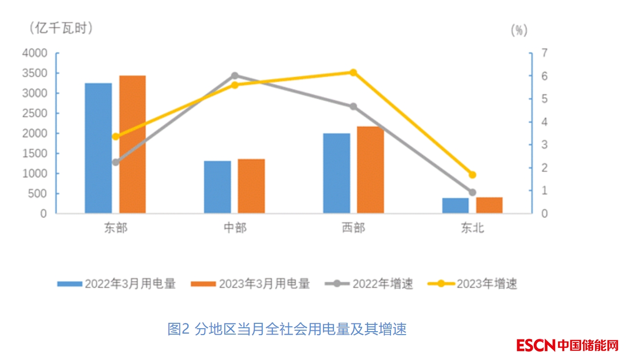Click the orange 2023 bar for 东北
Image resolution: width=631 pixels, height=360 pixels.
pos(489,205)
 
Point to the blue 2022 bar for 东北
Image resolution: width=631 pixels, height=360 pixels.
pos(455,206)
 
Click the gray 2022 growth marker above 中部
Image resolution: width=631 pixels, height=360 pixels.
pos(235,76)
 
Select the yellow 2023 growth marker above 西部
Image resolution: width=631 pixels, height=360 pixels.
pos(353,73)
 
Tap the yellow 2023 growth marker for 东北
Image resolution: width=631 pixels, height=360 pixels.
pos(472,175)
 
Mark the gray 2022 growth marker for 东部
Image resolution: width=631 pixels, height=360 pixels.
pos(115,162)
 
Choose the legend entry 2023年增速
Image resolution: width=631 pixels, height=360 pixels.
pos(472,284)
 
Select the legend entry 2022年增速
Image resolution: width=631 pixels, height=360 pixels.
pos(369,284)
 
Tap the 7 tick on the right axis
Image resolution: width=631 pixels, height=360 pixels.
pos(544,53)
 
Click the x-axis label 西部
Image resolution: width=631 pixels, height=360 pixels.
pos(353,228)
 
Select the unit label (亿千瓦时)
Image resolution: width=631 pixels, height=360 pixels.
pos(61,28)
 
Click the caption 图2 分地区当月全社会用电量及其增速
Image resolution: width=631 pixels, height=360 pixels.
pos(287,329)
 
